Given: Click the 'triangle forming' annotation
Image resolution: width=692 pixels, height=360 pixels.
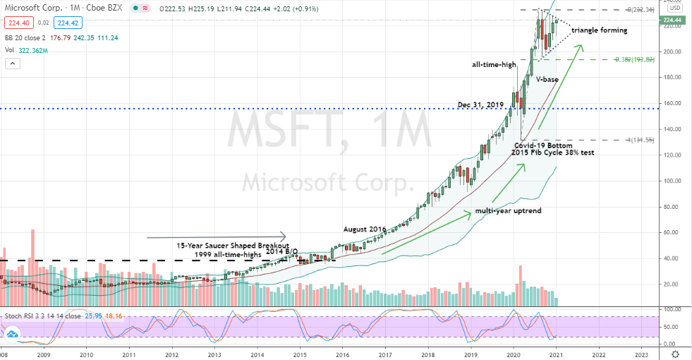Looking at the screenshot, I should pyautogui.click(x=599, y=31).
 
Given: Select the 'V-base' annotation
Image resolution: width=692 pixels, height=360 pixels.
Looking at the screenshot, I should pyautogui.click(x=547, y=80).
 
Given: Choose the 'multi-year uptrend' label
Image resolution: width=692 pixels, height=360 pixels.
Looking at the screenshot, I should pyautogui.click(x=503, y=210).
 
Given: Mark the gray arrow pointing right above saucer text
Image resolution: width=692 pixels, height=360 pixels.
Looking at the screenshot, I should pyautogui.click(x=217, y=235).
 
